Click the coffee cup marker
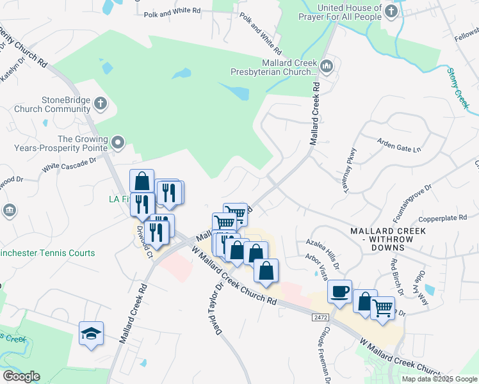point(339,291)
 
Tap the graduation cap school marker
point(91,333)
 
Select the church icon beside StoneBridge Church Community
point(101,103)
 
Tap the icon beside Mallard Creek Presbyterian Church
point(327,65)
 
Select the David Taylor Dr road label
point(213,308)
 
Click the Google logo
point(21,376)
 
